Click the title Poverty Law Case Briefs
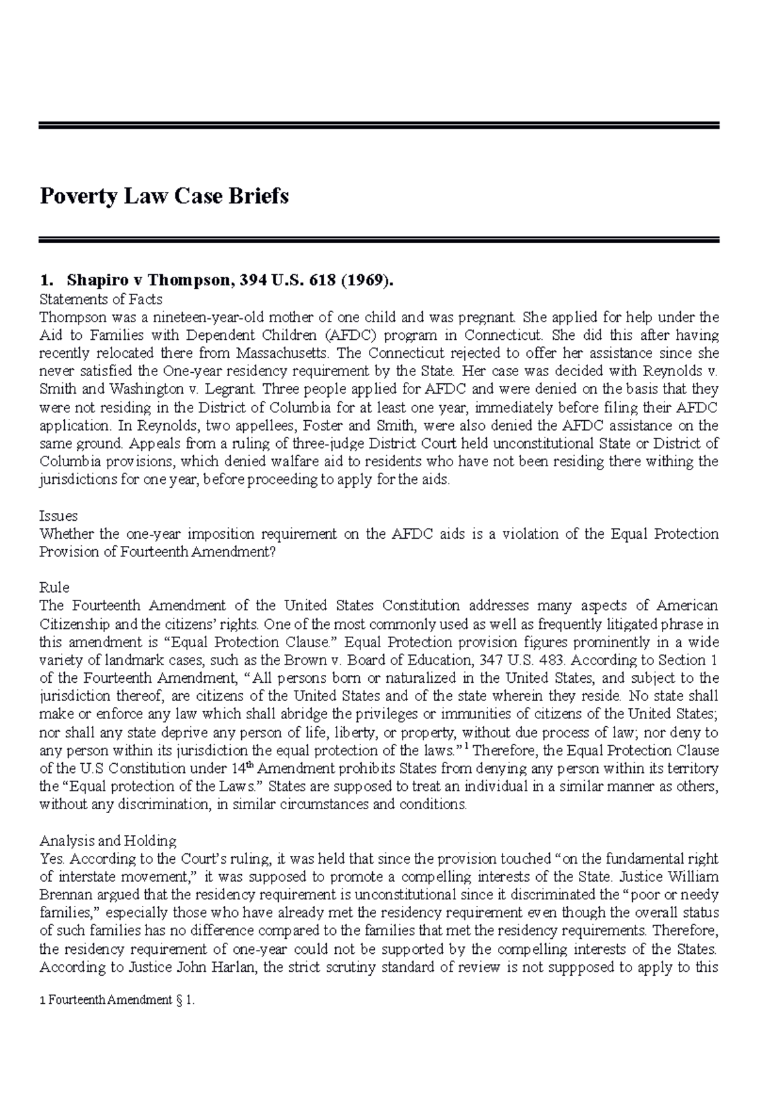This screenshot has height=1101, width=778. [x=164, y=196]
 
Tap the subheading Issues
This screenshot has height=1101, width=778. [x=58, y=516]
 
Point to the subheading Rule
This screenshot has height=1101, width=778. [x=54, y=587]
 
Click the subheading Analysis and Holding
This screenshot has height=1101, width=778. [x=108, y=841]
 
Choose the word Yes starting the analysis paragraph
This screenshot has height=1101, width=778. [x=53, y=859]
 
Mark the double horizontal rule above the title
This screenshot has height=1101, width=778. [x=379, y=125]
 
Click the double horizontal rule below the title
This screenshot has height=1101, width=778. [x=379, y=239]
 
